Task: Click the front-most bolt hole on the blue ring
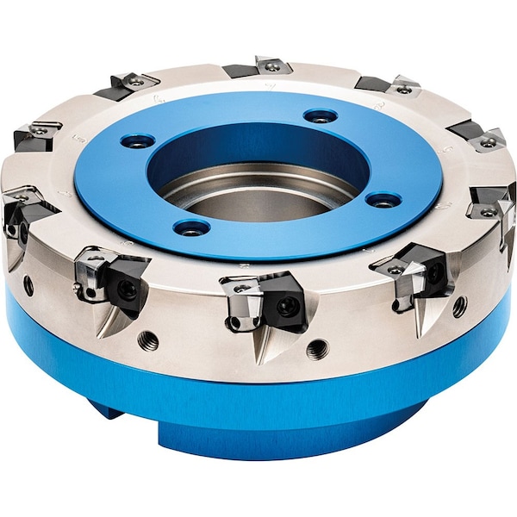(191, 227)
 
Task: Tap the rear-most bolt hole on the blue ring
(321, 115)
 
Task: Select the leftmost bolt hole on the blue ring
(138, 140)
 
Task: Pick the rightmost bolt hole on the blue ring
(383, 200)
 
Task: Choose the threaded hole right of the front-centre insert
(316, 348)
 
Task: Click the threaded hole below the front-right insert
(459, 306)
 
